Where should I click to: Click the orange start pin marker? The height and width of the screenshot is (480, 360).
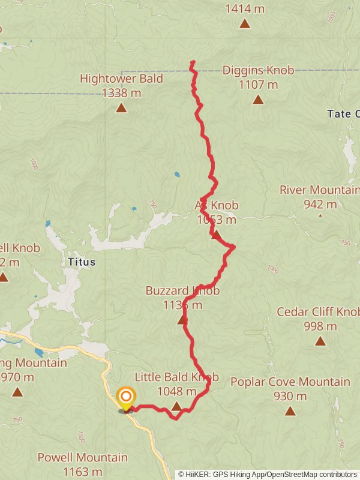[126, 397]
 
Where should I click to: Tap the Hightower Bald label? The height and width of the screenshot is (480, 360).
[121, 79]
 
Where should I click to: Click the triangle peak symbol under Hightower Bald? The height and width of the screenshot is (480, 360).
[121, 108]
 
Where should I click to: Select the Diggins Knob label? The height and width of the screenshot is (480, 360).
[258, 71]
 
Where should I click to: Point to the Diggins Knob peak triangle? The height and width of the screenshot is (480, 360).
[258, 100]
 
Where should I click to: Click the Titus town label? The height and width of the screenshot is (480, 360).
[82, 262]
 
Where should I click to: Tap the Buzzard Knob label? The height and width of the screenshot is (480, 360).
[182, 291]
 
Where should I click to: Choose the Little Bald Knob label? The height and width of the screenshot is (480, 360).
[176, 377]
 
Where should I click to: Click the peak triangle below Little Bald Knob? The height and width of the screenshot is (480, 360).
[176, 407]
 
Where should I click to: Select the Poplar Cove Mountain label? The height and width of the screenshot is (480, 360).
[290, 382]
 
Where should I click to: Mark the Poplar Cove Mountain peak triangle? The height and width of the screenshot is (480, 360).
[290, 411]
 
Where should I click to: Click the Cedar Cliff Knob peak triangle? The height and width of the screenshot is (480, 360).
[320, 341]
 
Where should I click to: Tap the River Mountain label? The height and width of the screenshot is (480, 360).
[319, 190]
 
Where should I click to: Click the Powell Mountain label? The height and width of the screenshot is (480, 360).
[83, 458]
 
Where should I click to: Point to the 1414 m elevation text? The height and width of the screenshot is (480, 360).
[245, 9]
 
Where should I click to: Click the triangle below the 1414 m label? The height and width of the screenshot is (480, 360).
[245, 23]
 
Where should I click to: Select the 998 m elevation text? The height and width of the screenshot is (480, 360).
[320, 326]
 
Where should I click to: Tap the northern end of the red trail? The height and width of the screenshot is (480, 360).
[192, 62]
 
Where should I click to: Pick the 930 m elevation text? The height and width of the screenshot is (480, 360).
[290, 396]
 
